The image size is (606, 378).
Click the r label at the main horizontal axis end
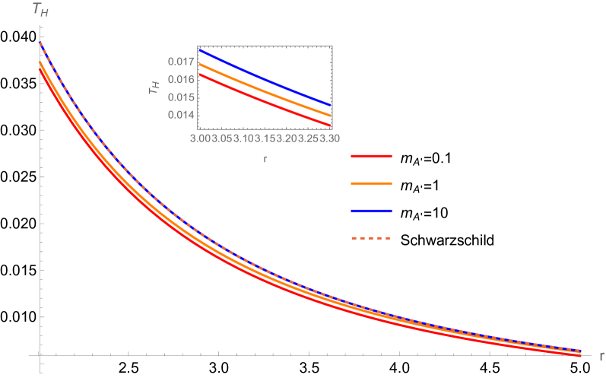(x=601, y=355)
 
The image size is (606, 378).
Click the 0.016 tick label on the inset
(x=179, y=79)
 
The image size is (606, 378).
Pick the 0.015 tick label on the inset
(x=179, y=97)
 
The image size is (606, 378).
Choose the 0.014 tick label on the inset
(x=179, y=115)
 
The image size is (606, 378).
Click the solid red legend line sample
(x=371, y=156)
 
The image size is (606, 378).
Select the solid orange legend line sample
(x=371, y=183)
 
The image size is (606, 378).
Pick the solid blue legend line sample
(x=371, y=211)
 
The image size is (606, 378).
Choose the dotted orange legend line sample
(x=371, y=238)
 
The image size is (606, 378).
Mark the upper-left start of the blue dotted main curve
(x=40, y=43)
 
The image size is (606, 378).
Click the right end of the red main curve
(x=580, y=355)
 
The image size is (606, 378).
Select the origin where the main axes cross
(x=40, y=355)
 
